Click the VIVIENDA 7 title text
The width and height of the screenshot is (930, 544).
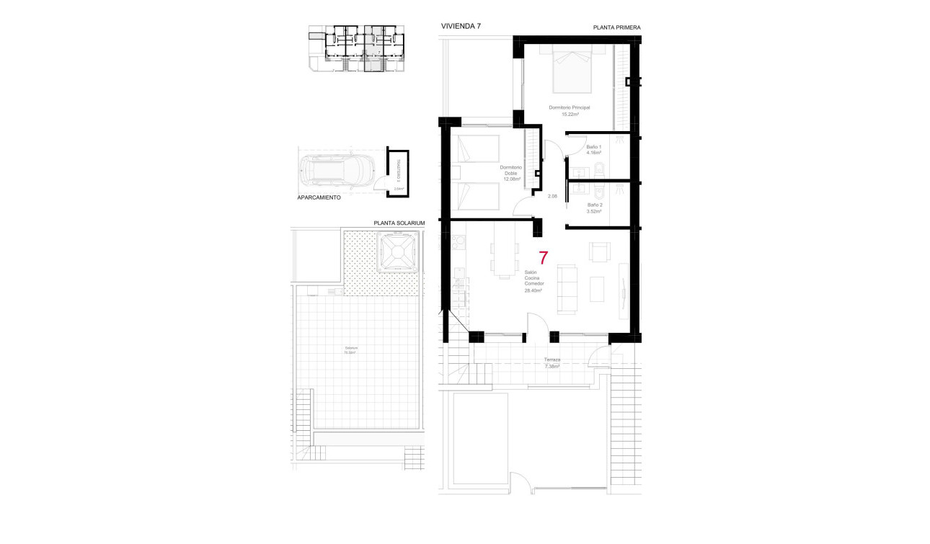[461, 26]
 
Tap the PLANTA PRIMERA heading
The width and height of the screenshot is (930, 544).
[616, 27]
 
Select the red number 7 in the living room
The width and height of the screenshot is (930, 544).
[544, 258]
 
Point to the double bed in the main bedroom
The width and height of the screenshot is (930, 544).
[573, 69]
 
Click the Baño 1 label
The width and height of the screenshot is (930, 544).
[594, 150]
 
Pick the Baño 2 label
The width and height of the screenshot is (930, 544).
[594, 208]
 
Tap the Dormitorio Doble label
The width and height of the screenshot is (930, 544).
[511, 173]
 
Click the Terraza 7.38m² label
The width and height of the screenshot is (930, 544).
[553, 362]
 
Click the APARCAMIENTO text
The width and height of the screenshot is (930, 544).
[319, 197]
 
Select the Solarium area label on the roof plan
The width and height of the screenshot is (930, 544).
[351, 350]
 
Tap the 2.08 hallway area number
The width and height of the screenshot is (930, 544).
[552, 196]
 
